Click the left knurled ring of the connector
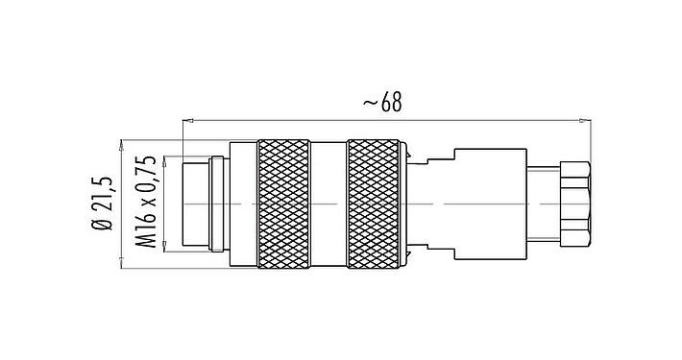click(x=283, y=204)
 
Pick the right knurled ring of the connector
click(x=374, y=204)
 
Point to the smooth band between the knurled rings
click(x=329, y=204)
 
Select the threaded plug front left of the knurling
click(x=198, y=204)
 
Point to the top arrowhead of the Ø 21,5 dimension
click(x=122, y=143)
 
